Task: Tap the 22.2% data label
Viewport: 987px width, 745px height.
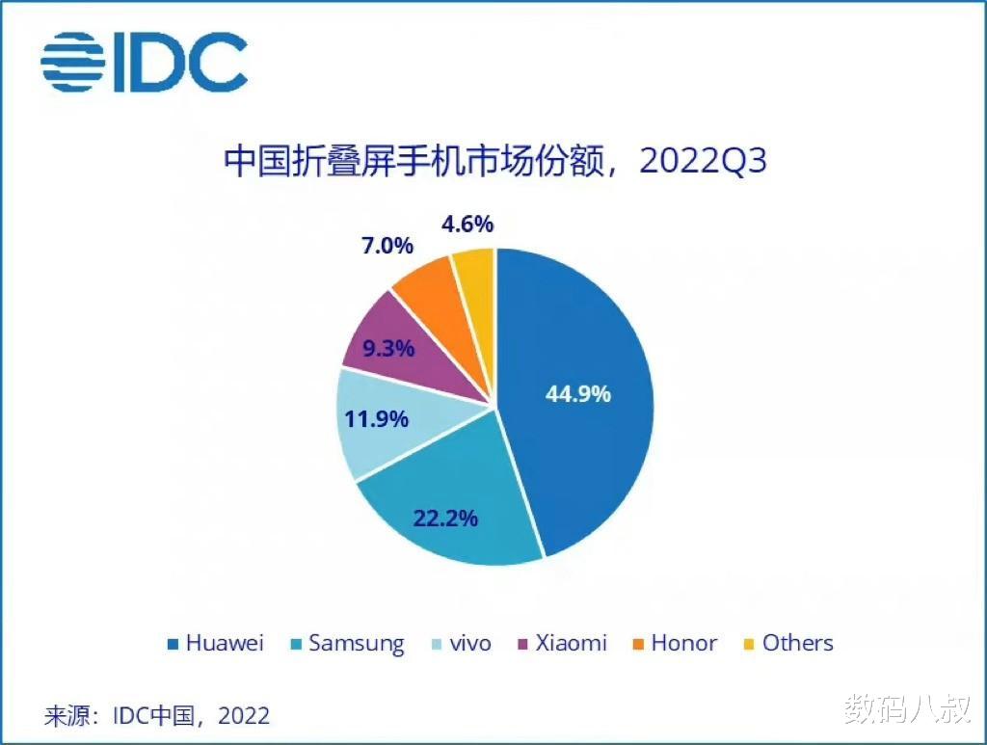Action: coord(445,518)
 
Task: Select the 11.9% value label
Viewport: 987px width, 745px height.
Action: coord(377,419)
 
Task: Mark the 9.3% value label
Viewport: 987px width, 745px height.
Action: coord(387,347)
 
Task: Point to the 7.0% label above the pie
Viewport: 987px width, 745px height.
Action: coord(387,245)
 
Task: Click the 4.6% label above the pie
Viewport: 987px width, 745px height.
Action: coord(467,224)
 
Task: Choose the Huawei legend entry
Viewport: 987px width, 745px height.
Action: coord(216,643)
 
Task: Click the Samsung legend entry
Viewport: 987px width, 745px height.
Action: coord(347,643)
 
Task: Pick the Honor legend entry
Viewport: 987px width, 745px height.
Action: coord(675,643)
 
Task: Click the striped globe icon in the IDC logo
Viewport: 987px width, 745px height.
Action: coord(72,62)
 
